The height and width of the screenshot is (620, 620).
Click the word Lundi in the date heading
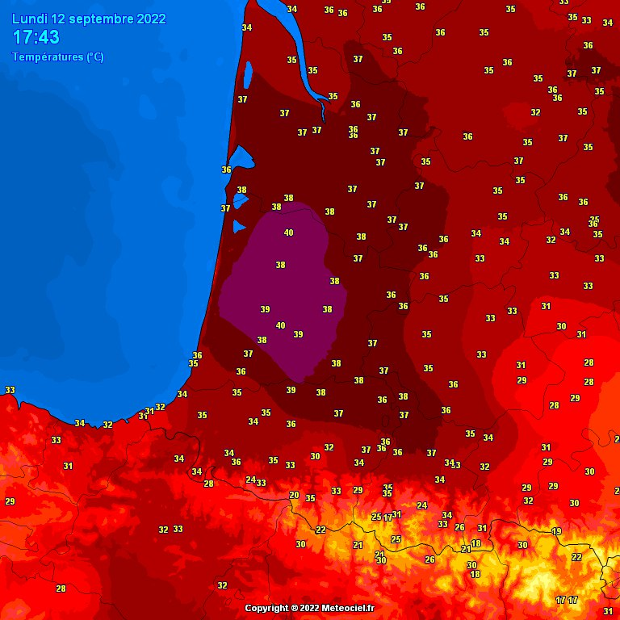pyautogui.click(x=29, y=19)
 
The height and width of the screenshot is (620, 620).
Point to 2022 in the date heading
pyautogui.click(x=151, y=19)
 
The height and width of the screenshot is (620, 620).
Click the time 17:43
pyautogui.click(x=36, y=38)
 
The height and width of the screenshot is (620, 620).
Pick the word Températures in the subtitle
pyautogui.click(x=48, y=57)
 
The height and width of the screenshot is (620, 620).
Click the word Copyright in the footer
pyautogui.click(x=266, y=608)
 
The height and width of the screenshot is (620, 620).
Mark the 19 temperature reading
pyautogui.click(x=556, y=531)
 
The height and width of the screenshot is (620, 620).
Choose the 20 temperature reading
pyautogui.click(x=294, y=495)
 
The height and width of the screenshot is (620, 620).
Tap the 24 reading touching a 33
pyautogui.click(x=250, y=480)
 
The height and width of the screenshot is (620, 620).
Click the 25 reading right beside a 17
pyautogui.click(x=376, y=517)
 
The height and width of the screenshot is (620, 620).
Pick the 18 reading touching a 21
pyautogui.click(x=476, y=543)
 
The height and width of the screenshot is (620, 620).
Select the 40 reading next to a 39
pyautogui.click(x=280, y=325)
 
